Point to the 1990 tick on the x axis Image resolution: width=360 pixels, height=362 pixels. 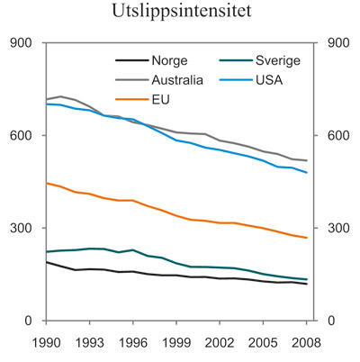tap(47, 340)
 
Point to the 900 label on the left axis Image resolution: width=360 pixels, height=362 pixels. tap(22, 42)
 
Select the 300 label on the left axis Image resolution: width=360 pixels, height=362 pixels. tap(22, 228)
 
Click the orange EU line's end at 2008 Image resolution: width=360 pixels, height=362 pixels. tap(307, 238)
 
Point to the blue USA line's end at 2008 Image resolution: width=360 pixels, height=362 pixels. tap(307, 172)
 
